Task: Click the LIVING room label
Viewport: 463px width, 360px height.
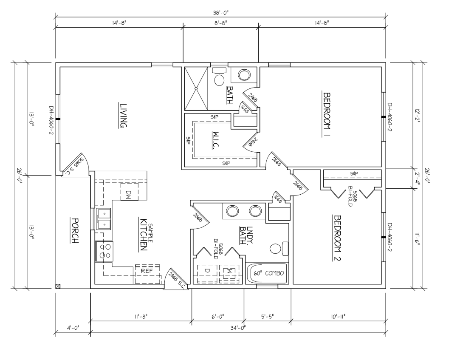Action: [123, 115]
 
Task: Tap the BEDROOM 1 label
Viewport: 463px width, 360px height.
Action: [327, 115]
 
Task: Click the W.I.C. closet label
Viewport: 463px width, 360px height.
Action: [215, 140]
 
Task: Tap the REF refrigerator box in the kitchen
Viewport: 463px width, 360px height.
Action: [147, 274]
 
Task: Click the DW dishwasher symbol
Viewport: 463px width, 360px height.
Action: [129, 192]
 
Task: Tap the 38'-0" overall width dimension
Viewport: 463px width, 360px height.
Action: [221, 12]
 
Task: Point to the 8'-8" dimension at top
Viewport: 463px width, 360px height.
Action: [221, 23]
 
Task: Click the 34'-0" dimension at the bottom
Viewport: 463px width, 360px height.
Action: [238, 328]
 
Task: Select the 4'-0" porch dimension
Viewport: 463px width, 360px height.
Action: [73, 328]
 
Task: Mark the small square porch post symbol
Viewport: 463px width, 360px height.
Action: [58, 286]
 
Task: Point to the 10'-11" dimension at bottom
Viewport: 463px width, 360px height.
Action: [339, 316]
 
